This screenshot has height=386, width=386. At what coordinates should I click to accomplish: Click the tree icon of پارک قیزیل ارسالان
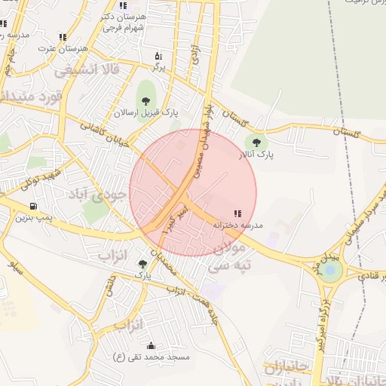145,100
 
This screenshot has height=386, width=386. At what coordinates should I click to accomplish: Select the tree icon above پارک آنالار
256,142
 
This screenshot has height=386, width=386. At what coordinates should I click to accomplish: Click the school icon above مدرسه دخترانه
238,213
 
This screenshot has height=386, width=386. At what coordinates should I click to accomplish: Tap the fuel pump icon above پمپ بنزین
33,206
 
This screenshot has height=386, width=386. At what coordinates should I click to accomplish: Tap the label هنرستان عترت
66,47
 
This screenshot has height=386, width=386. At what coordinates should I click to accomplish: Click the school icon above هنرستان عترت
63,36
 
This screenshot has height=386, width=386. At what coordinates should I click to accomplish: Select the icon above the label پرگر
158,56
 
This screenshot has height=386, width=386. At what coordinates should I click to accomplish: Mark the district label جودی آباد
99,195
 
